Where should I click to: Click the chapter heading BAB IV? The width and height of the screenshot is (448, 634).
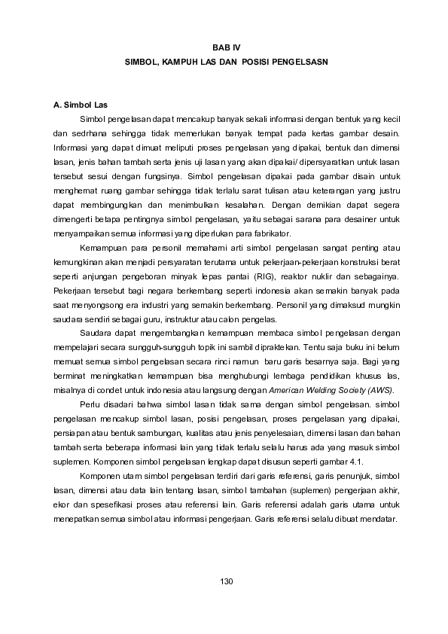[224, 47]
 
